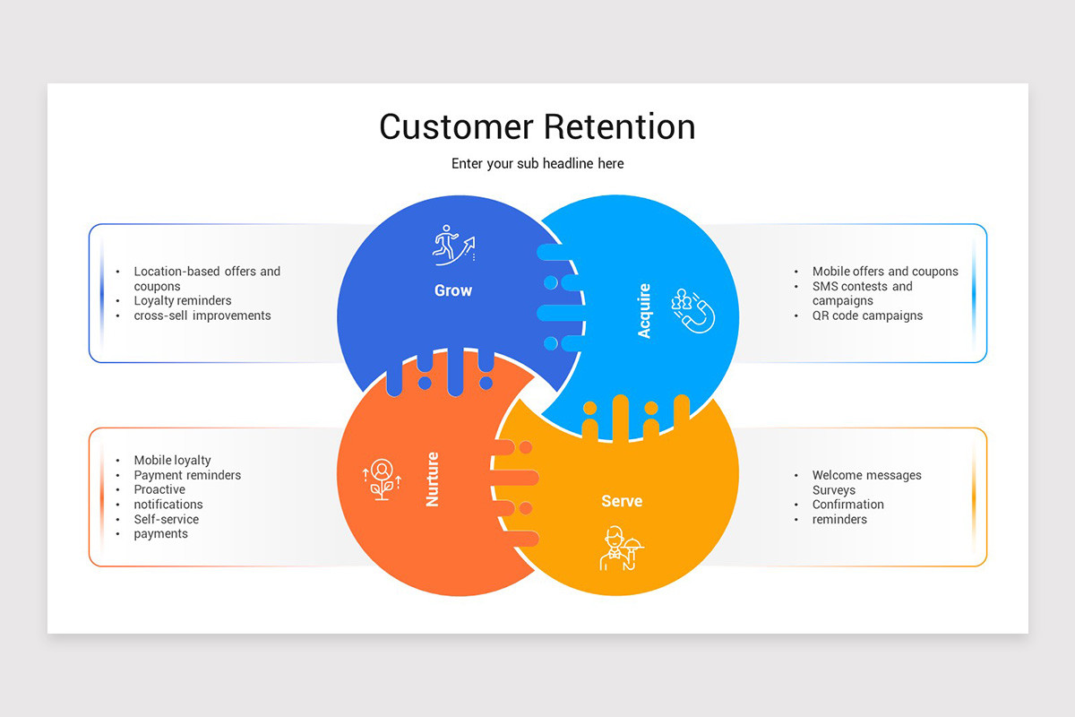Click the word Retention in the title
619,126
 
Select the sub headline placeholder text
537,164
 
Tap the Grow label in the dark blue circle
453,290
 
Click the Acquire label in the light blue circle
644,311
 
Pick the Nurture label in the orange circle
433,479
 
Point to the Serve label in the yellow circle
622,501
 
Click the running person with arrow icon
453,245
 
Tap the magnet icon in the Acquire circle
693,310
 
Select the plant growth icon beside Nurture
382,479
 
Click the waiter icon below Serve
621,549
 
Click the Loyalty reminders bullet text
183,301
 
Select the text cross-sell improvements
202,315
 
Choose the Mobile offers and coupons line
885,272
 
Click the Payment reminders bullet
187,475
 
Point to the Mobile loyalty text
173,461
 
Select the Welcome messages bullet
866,475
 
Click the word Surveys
834,490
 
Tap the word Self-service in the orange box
167,519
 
